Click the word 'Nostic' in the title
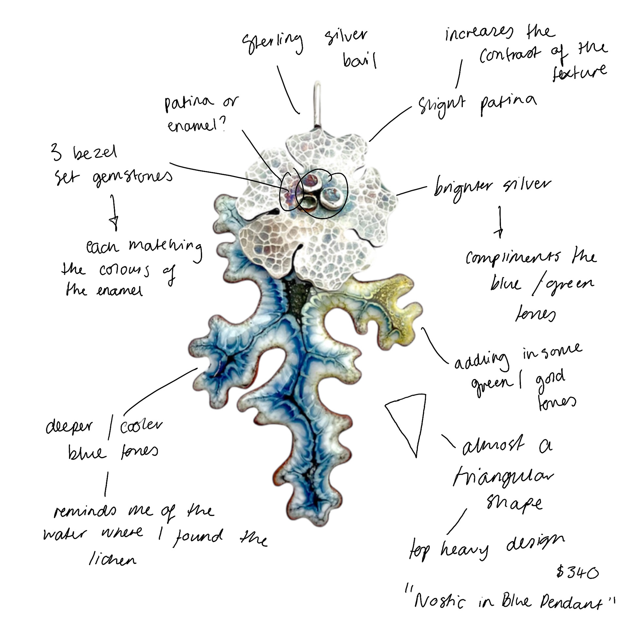tap(439, 601)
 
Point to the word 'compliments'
tap(513, 258)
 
